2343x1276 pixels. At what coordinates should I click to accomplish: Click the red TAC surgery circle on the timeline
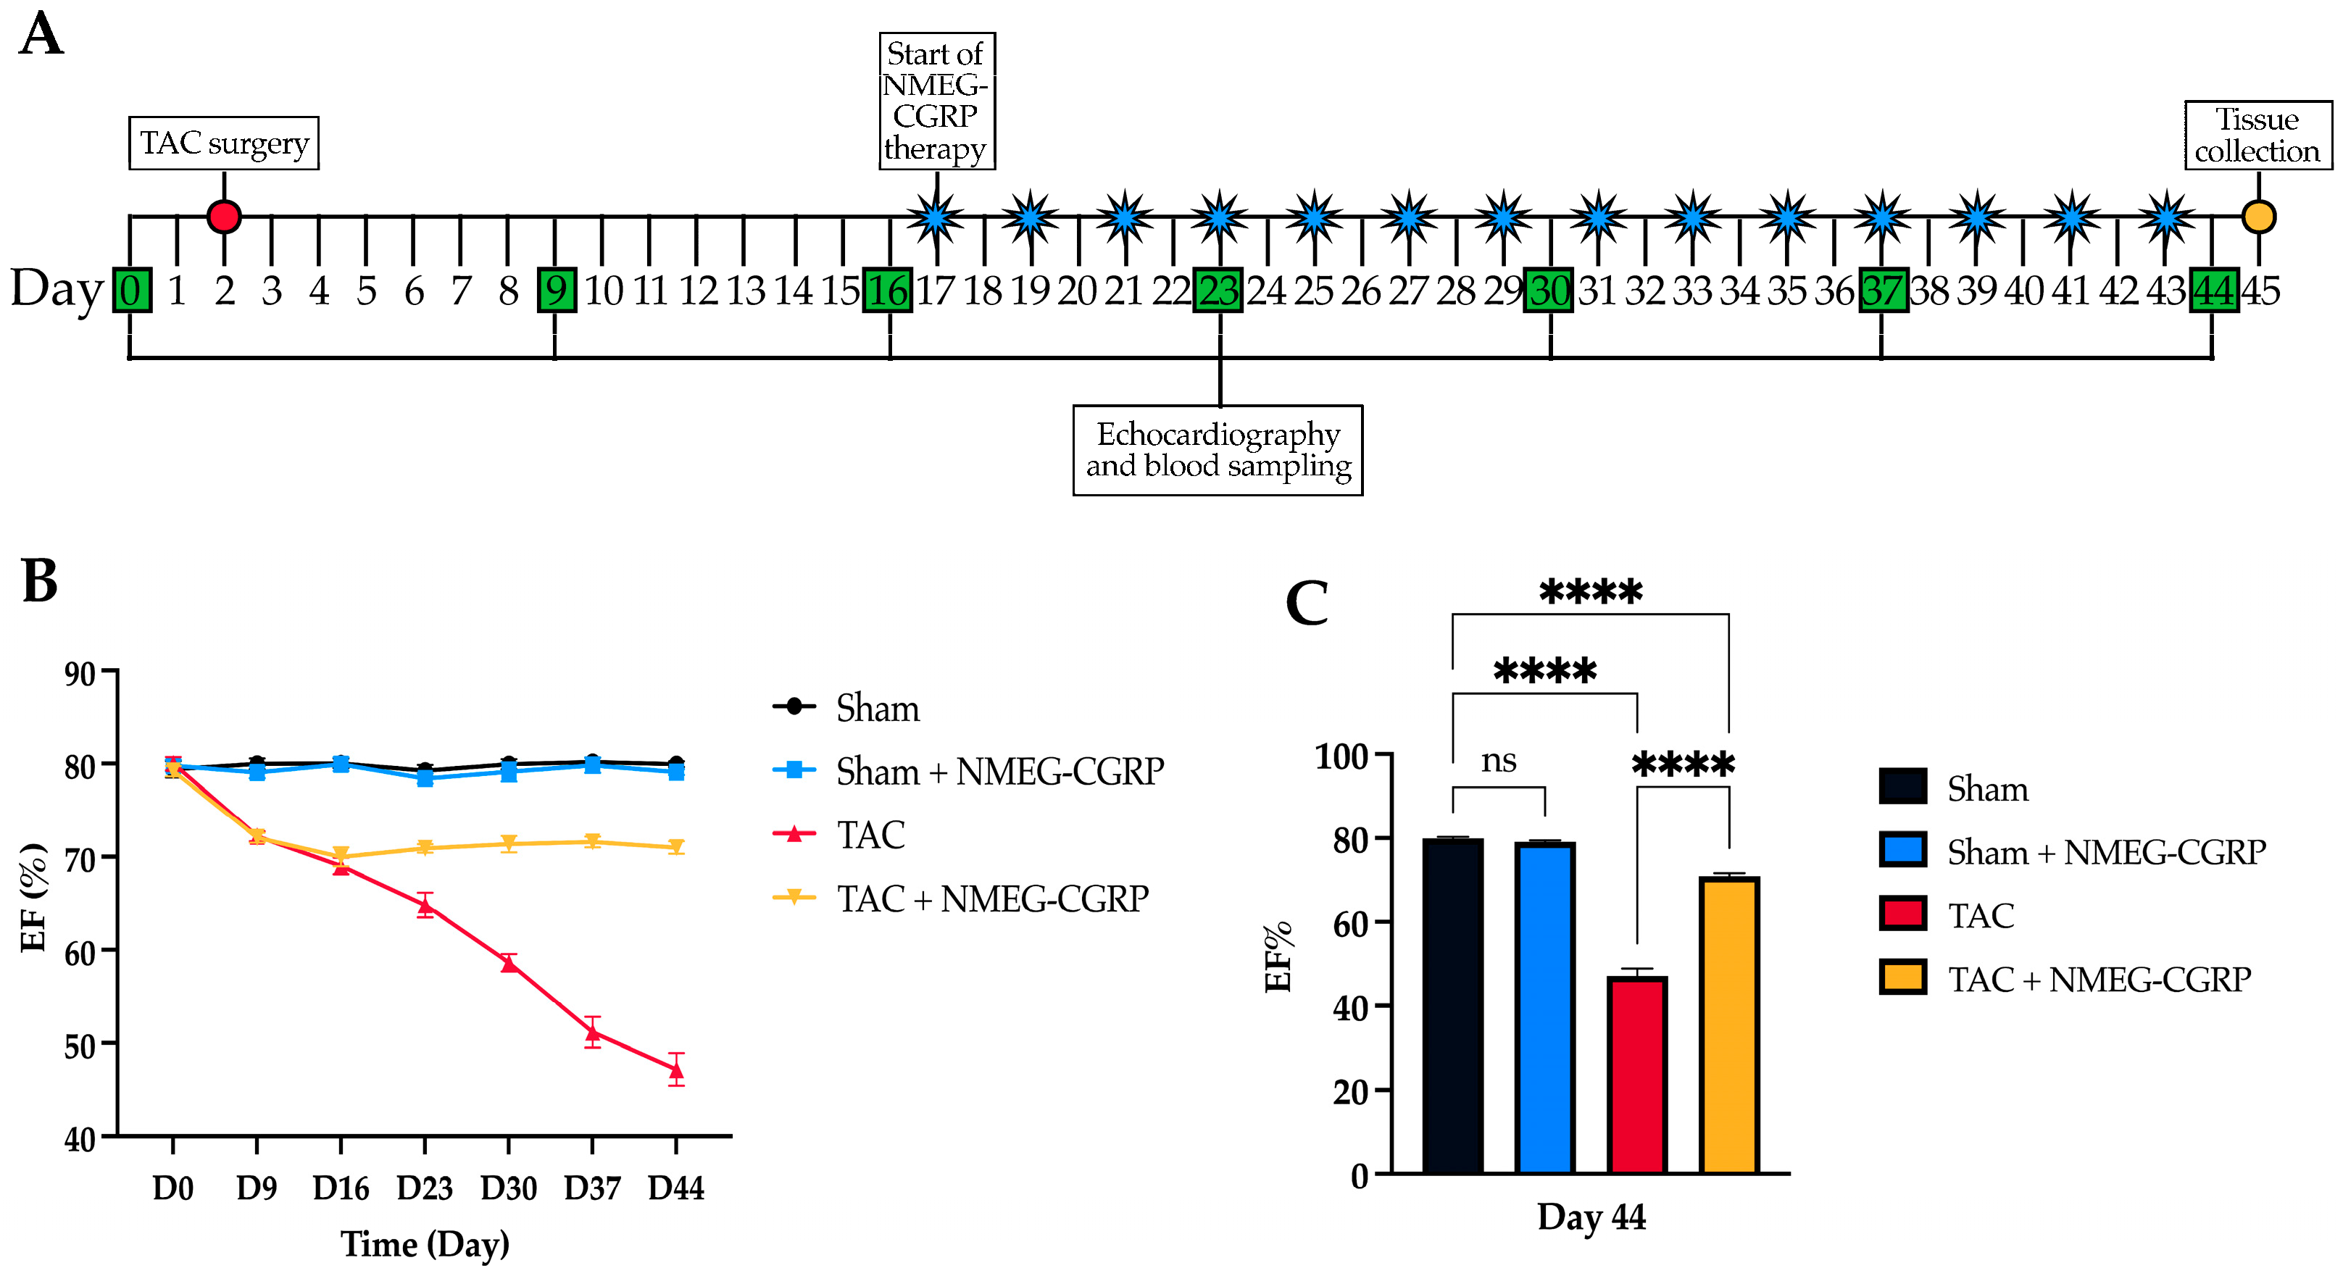(x=224, y=217)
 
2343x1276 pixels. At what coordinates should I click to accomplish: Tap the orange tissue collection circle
(x=2258, y=217)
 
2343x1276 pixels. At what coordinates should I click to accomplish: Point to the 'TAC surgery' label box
(x=224, y=143)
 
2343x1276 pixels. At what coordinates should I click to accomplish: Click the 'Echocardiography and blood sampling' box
(x=1218, y=450)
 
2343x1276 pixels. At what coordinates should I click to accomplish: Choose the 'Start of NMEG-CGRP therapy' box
(x=936, y=101)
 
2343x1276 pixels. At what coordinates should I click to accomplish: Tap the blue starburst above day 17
(x=936, y=217)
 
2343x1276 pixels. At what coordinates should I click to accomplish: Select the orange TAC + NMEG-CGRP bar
(x=1729, y=1025)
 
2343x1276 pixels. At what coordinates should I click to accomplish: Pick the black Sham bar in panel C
(x=1452, y=1006)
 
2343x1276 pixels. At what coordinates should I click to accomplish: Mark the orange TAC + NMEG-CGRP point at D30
(x=509, y=843)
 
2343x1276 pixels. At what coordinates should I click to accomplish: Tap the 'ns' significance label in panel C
(x=1498, y=760)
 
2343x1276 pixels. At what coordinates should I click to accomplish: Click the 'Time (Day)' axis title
(x=425, y=1244)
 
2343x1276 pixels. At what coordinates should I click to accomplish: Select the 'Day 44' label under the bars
(x=1591, y=1217)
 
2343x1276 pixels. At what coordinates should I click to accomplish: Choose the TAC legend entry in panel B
(x=870, y=835)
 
